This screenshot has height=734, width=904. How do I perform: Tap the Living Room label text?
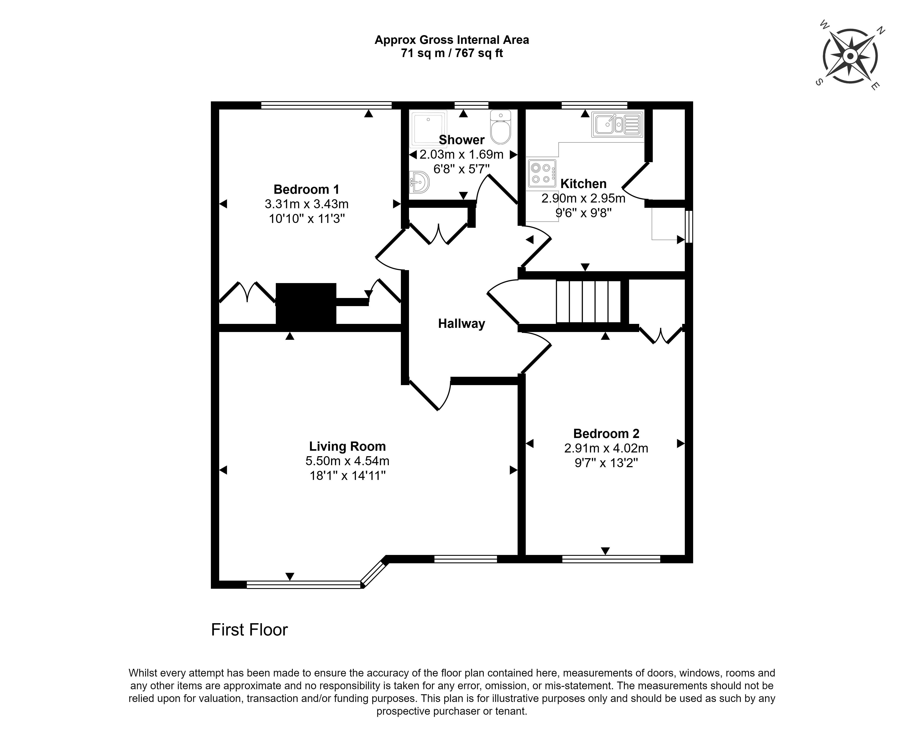347,447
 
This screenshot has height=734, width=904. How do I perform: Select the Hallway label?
461,324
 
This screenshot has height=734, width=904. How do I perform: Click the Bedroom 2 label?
606,433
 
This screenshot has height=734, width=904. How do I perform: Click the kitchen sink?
617,124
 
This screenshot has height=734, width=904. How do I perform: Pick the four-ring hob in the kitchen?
542,173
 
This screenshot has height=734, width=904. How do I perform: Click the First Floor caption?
249,630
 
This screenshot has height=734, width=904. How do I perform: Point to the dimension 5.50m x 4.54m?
347,461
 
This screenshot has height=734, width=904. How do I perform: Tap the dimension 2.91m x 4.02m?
606,448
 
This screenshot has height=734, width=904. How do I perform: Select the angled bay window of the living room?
374,572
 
